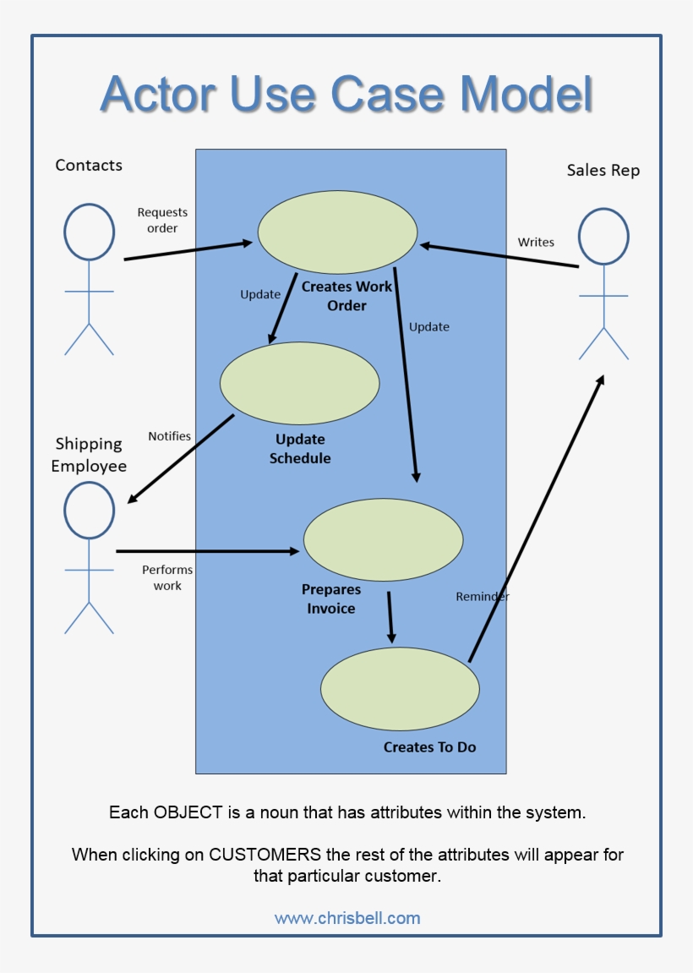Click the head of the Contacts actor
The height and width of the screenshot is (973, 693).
(x=89, y=232)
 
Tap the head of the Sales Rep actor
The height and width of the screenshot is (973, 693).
(x=603, y=236)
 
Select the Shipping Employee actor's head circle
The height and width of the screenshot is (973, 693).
(x=89, y=511)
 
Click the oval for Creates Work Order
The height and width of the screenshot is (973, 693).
(x=337, y=232)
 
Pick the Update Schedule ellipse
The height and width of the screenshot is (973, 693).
(x=299, y=383)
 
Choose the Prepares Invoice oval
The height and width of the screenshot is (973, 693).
(x=383, y=540)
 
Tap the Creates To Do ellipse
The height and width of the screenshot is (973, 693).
(x=400, y=689)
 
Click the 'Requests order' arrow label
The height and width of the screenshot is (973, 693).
(x=162, y=220)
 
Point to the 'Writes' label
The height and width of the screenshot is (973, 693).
(x=536, y=242)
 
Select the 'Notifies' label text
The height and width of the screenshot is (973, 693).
(x=169, y=436)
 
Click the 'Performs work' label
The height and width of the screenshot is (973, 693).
(x=167, y=577)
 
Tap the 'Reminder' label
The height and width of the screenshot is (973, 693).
(x=483, y=596)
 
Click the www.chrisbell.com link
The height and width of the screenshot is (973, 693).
(x=346, y=918)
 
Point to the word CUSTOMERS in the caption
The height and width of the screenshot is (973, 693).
(x=265, y=854)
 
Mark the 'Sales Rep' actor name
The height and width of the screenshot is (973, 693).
(x=603, y=170)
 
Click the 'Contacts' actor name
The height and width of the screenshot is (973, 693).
(x=89, y=165)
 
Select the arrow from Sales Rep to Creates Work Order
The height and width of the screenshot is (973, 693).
(x=499, y=255)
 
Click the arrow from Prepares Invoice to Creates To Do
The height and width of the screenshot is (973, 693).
(x=390, y=617)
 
